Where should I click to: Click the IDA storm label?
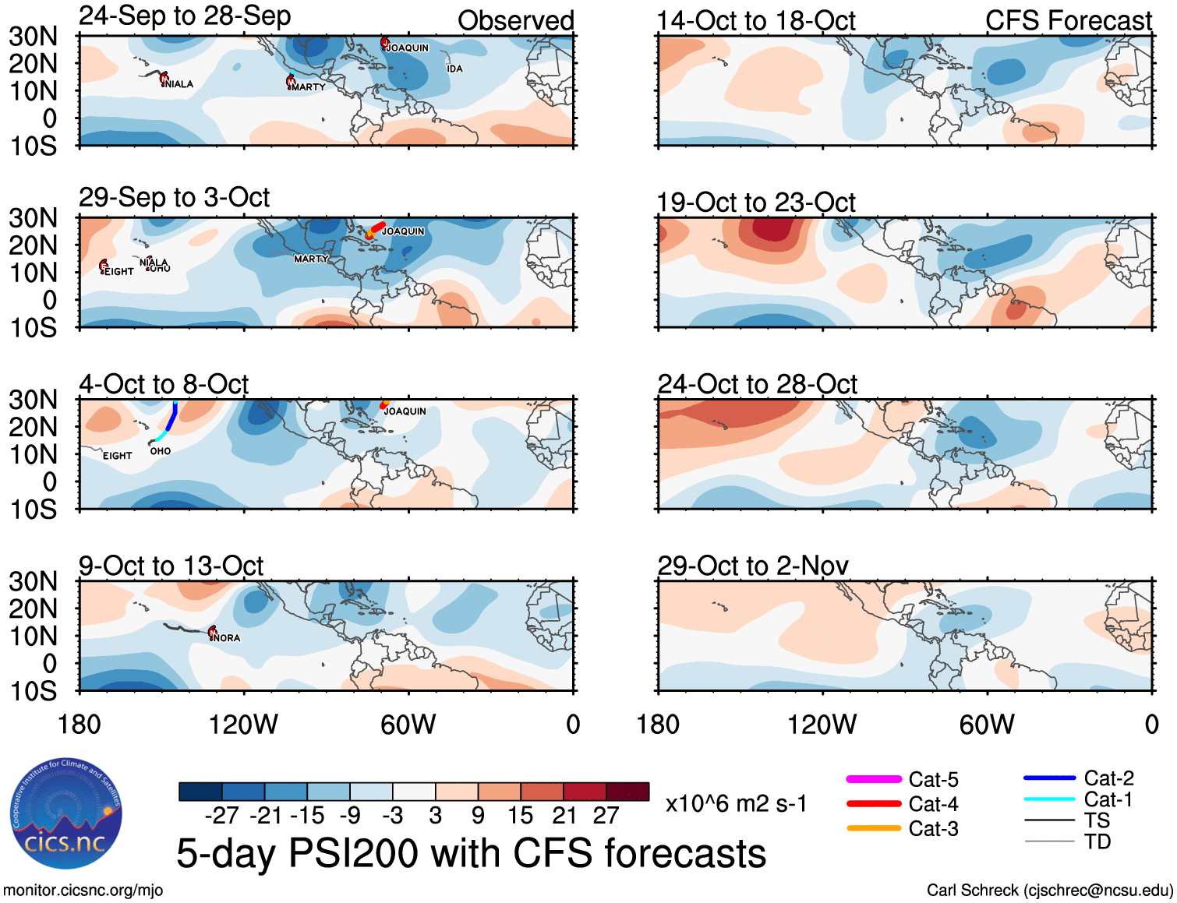[454, 69]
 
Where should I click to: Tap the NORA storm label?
[227, 637]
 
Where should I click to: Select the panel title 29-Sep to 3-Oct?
[174, 198]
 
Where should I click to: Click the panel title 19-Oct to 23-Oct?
[756, 203]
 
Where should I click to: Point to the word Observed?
[515, 21]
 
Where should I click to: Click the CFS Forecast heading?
[1068, 21]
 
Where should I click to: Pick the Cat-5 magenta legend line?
[874, 779]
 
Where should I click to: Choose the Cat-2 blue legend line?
[1049, 778]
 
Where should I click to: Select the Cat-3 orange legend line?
[874, 828]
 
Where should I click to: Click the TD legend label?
[1097, 841]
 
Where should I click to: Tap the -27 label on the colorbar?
[221, 815]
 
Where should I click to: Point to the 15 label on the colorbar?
[520, 815]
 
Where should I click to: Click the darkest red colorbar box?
[627, 792]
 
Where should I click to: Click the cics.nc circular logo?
[65, 813]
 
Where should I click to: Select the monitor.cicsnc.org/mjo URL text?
[83, 890]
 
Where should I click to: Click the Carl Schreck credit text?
[1049, 890]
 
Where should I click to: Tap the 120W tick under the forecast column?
[822, 725]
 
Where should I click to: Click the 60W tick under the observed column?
[408, 725]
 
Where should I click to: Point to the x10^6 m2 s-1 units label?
[736, 803]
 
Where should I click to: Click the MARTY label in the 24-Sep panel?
[308, 87]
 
